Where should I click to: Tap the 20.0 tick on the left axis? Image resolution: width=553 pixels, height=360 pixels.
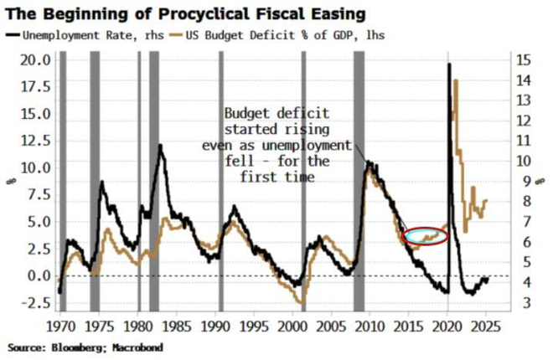[x=36, y=59]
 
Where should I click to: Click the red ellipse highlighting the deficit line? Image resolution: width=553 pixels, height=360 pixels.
[x=426, y=236]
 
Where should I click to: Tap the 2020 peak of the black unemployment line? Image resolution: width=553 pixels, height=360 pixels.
[x=450, y=64]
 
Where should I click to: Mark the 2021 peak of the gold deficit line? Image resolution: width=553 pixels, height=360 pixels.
[x=456, y=80]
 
